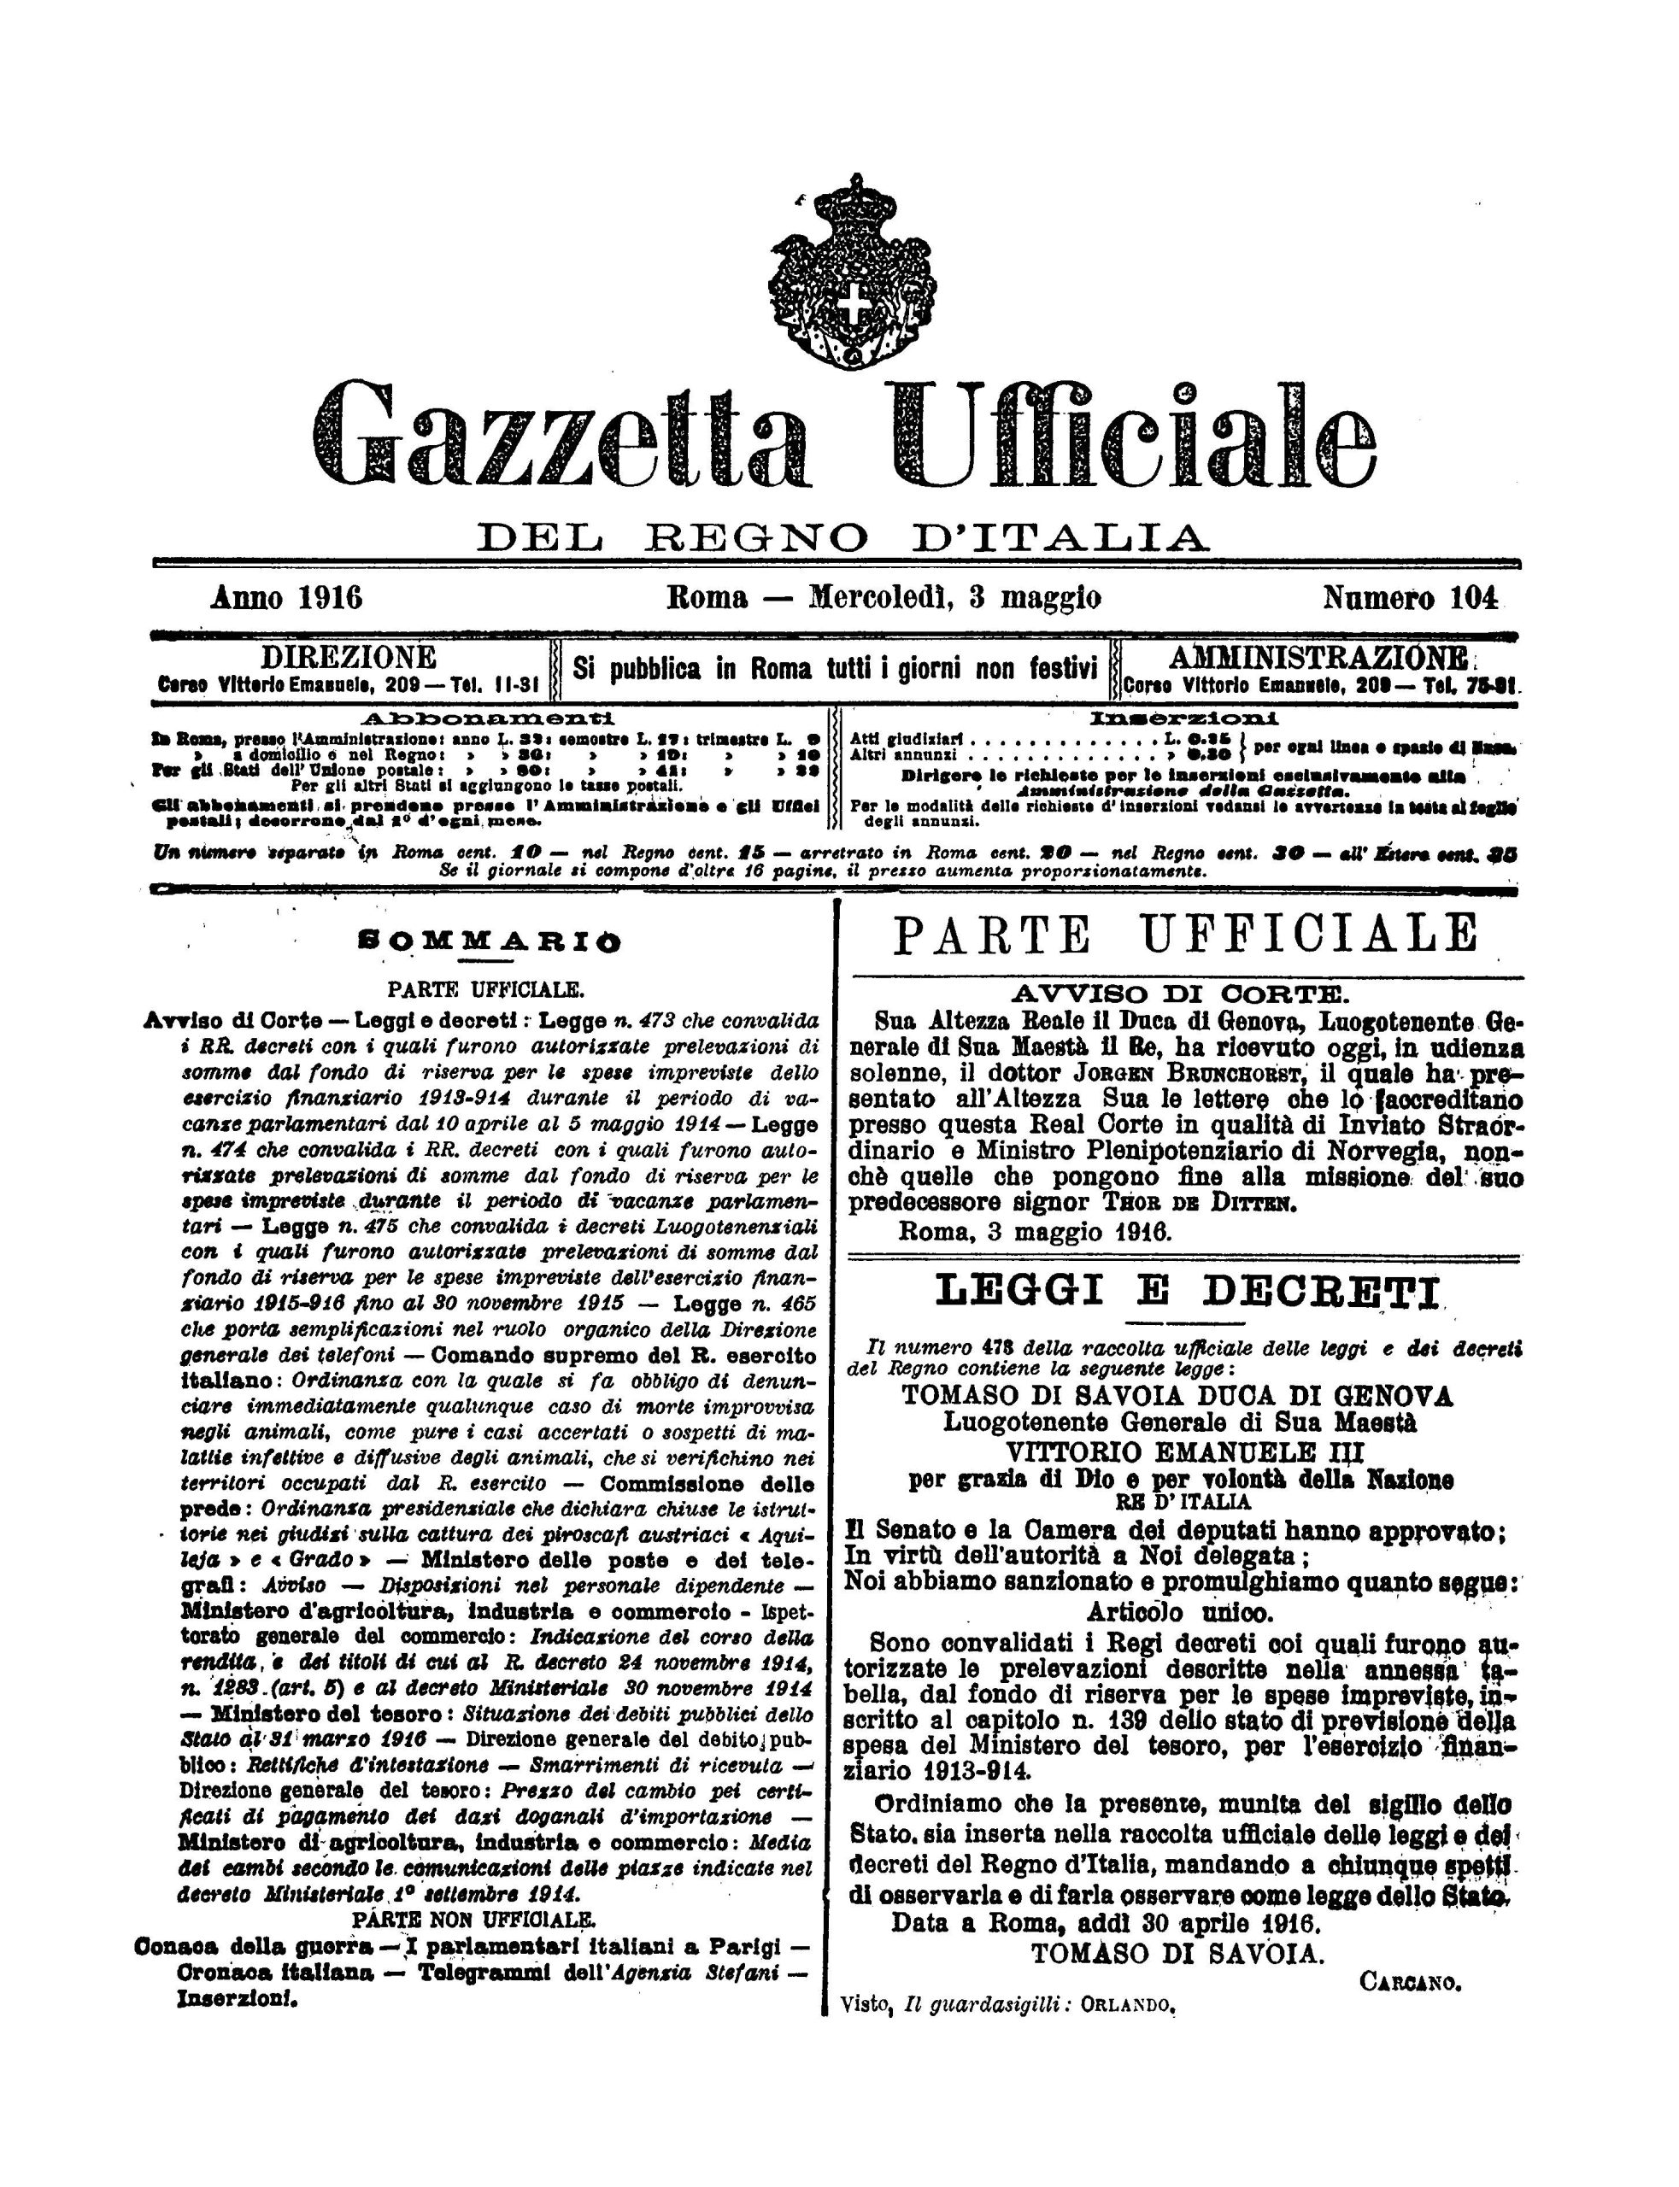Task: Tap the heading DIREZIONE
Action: [348, 658]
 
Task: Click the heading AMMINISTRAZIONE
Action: [1318, 658]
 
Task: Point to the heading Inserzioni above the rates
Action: [1185, 718]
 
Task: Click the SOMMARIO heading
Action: [489, 941]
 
